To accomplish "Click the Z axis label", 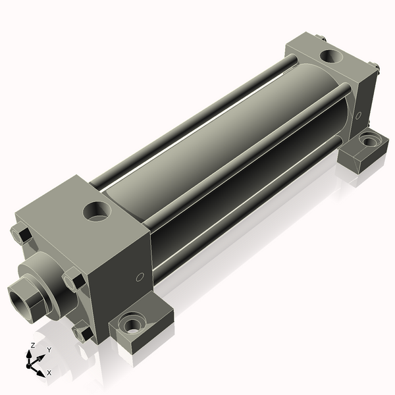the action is [x=32, y=345].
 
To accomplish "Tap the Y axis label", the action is [x=49, y=350].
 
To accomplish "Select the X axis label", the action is [x=49, y=373].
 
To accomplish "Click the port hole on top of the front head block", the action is [x=97, y=211].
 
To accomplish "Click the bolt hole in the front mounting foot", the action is [x=132, y=323].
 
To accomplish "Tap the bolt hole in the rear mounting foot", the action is [x=369, y=141].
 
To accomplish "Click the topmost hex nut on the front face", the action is [x=22, y=233].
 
